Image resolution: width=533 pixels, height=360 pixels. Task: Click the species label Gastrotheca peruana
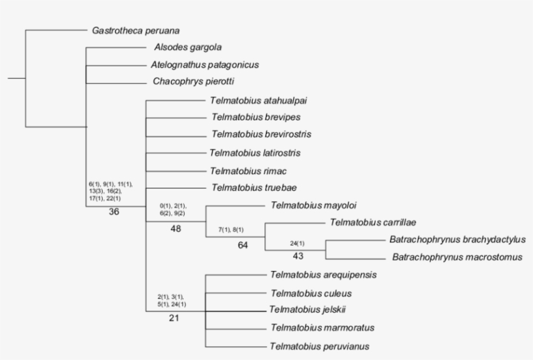[136, 30]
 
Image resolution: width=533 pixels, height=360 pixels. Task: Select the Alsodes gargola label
[188, 47]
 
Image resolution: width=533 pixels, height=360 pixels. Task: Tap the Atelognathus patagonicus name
[205, 65]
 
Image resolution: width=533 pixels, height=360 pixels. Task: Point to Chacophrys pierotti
[193, 82]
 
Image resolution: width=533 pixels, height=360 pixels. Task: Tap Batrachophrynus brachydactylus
[457, 240]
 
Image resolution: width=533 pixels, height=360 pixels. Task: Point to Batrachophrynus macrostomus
[457, 257]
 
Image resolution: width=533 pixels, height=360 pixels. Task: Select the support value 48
[175, 229]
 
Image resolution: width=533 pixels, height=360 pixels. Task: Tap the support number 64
[243, 246]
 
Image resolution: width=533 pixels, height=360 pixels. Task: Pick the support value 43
[298, 256]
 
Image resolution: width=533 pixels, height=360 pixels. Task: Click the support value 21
[174, 318]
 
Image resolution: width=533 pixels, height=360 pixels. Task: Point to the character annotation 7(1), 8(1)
[231, 230]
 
